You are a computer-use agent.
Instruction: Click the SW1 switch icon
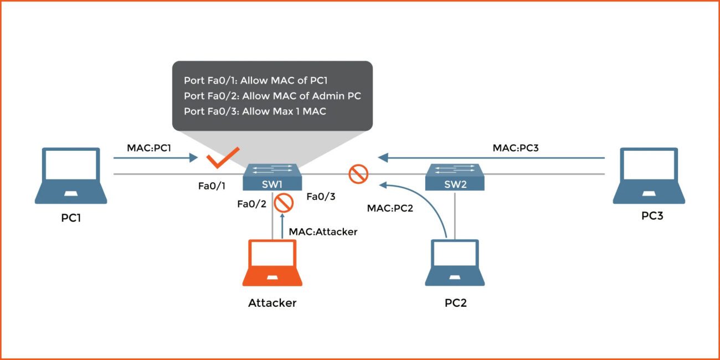tap(272, 178)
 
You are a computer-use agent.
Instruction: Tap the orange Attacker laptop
tap(272, 263)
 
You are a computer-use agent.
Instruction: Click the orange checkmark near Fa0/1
tap(223, 158)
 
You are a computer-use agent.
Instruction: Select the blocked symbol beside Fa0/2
tap(284, 203)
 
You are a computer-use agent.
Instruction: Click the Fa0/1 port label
tap(212, 186)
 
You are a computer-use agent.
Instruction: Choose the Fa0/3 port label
tap(321, 196)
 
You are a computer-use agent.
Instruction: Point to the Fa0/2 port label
tap(251, 204)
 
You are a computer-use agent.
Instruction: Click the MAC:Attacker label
tap(323, 232)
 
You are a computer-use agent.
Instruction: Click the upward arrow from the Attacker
tap(283, 228)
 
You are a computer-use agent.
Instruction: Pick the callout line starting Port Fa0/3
tap(255, 111)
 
